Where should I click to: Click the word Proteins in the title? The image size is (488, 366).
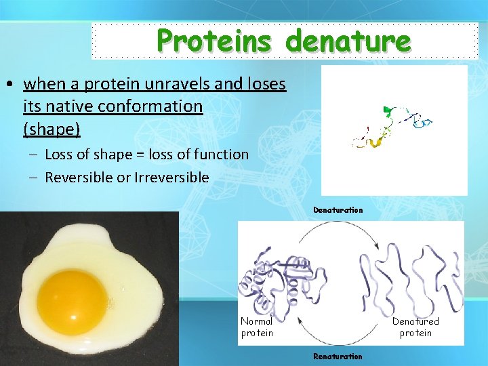217,41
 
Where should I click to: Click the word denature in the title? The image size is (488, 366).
348,41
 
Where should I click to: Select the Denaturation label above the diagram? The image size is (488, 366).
338,210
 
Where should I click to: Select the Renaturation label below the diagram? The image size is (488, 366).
338,356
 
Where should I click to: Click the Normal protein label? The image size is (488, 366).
257,327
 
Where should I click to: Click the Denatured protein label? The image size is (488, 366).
415,327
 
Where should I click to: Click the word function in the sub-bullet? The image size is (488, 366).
221,155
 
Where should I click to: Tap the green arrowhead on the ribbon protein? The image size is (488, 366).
388,109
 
